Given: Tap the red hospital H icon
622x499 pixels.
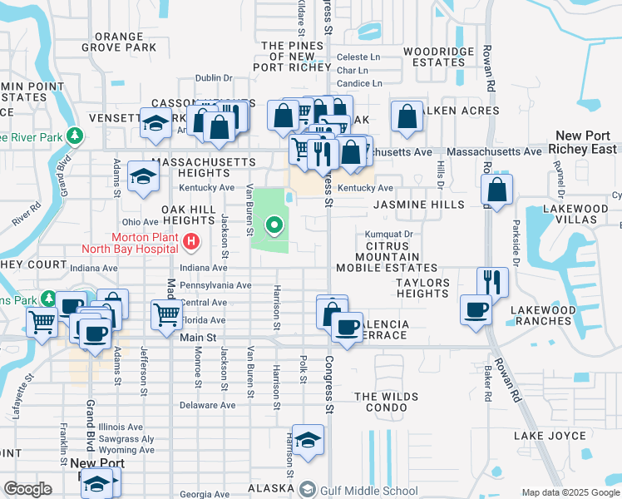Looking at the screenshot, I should (x=192, y=243).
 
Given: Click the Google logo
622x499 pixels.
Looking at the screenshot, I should (x=27, y=489).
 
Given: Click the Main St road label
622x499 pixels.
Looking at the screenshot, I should (x=198, y=338).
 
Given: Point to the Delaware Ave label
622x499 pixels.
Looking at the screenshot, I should (x=208, y=406).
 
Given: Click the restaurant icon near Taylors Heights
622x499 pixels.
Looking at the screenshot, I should (x=492, y=281).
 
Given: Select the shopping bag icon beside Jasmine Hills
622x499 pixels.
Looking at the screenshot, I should (x=496, y=190).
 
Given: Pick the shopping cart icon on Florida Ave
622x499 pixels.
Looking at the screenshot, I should (x=166, y=314).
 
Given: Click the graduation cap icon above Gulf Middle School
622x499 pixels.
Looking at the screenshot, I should (x=308, y=441).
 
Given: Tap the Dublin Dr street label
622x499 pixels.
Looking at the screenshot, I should (x=214, y=78).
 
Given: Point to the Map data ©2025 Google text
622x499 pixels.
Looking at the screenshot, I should (x=570, y=492).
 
